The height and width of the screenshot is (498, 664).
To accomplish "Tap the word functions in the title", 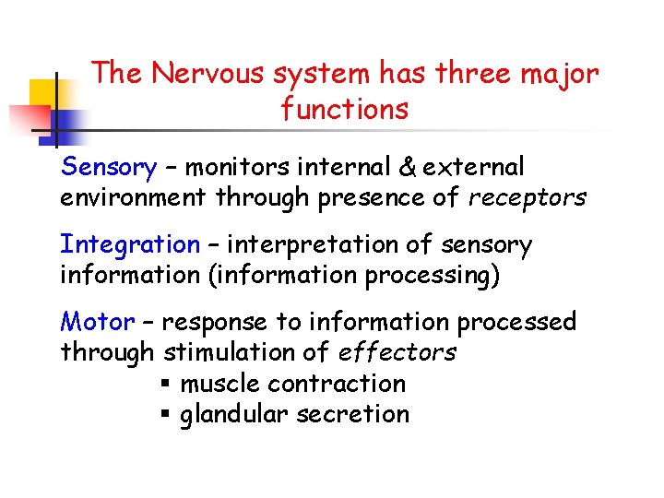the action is coord(345,110).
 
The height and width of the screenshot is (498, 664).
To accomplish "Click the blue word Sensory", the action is coord(108,168).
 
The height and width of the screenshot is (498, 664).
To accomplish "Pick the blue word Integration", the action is coord(129,245).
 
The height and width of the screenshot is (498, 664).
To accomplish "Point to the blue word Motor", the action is coord(97,322).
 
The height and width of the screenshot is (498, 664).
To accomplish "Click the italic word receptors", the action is coord(528,197).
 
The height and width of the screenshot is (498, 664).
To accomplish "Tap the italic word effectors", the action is coord(397,352).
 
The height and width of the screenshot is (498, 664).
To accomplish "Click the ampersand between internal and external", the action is coord(405,168).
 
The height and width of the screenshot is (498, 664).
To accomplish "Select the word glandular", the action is coord(235,414).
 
